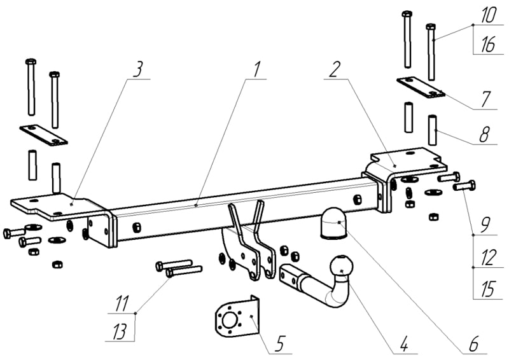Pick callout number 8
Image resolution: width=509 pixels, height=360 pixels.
click(485, 135)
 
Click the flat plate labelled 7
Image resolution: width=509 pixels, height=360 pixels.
click(421, 87)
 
